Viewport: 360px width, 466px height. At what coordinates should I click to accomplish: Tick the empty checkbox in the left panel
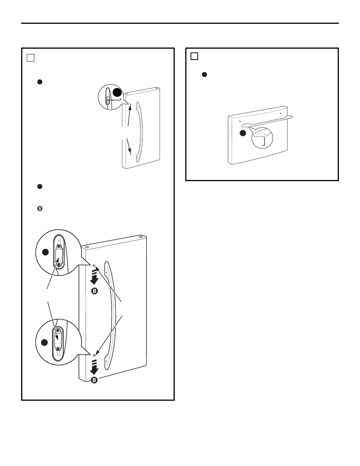pyautogui.click(x=31, y=58)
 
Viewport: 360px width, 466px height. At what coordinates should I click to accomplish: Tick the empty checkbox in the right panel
pyautogui.click(x=194, y=56)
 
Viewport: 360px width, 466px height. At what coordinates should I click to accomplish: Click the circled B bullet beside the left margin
pyautogui.click(x=40, y=208)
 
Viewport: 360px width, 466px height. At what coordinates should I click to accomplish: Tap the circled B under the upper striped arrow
pyautogui.click(x=94, y=291)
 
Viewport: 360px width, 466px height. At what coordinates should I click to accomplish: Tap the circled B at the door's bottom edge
pyautogui.click(x=94, y=380)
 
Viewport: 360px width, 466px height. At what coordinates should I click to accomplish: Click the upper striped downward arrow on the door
pyautogui.click(x=94, y=277)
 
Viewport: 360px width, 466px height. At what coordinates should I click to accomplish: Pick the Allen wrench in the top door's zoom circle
pyautogui.click(x=116, y=99)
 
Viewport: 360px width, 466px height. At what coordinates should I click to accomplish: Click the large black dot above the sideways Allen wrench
pyautogui.click(x=117, y=92)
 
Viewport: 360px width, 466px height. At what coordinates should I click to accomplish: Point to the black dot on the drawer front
pyautogui.click(x=243, y=133)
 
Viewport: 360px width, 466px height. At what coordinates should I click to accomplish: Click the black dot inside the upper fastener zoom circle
pyautogui.click(x=45, y=252)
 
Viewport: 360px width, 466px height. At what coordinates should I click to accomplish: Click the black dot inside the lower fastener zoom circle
pyautogui.click(x=45, y=343)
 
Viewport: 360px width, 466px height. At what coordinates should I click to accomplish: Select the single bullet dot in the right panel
pyautogui.click(x=204, y=74)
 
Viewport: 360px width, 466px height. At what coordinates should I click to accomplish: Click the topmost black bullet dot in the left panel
pyautogui.click(x=40, y=82)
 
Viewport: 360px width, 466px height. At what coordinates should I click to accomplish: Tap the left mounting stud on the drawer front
pyautogui.click(x=240, y=121)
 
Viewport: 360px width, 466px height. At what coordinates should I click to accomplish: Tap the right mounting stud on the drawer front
pyautogui.click(x=281, y=113)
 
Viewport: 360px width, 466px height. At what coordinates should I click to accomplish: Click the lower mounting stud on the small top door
pyautogui.click(x=131, y=154)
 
